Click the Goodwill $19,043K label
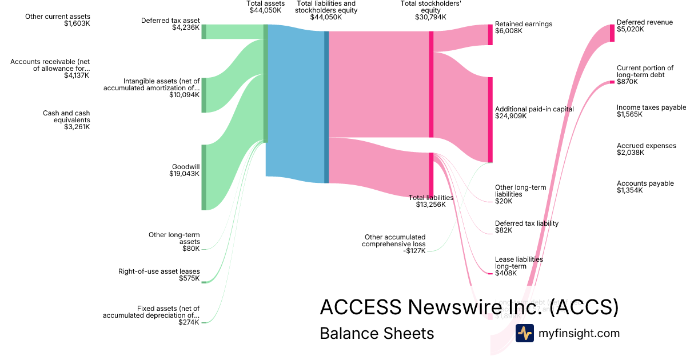coord(185,170)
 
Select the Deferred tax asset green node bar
coord(204,31)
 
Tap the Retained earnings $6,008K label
coord(523,27)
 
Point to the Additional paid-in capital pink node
coord(490,119)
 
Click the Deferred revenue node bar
coord(612,33)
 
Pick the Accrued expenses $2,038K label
coord(646,149)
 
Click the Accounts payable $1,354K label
coord(645,187)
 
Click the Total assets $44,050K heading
coord(265,7)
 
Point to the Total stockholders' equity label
coord(430,10)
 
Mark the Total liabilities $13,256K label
coord(431,201)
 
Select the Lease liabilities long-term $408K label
coord(519,266)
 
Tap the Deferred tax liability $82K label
coord(527,227)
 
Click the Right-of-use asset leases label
coord(159,275)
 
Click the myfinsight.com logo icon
coord(524,333)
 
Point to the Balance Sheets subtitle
coord(377,333)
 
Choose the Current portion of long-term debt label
coord(645,75)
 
